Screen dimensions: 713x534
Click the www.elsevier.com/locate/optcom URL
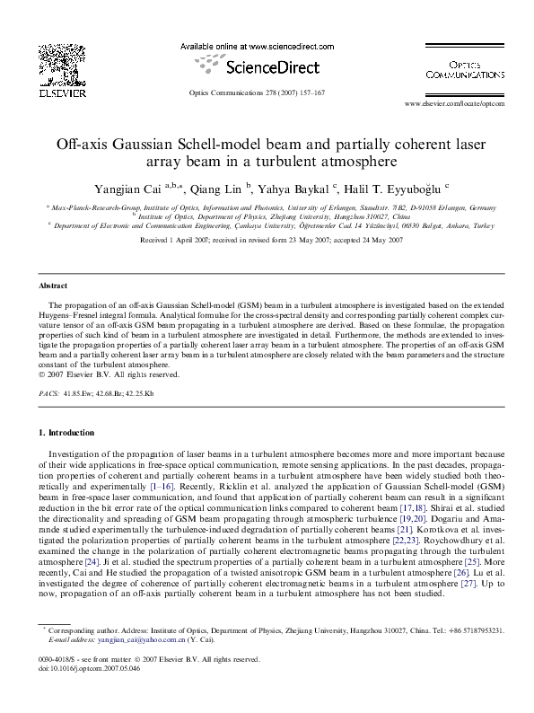click(456, 103)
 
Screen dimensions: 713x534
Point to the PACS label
click(49, 393)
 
